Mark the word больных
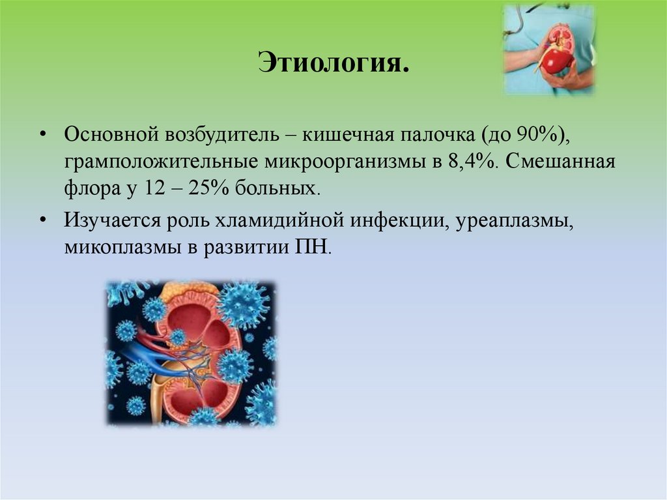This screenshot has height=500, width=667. (x=286, y=188)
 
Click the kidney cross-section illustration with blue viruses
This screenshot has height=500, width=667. (x=191, y=353)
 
